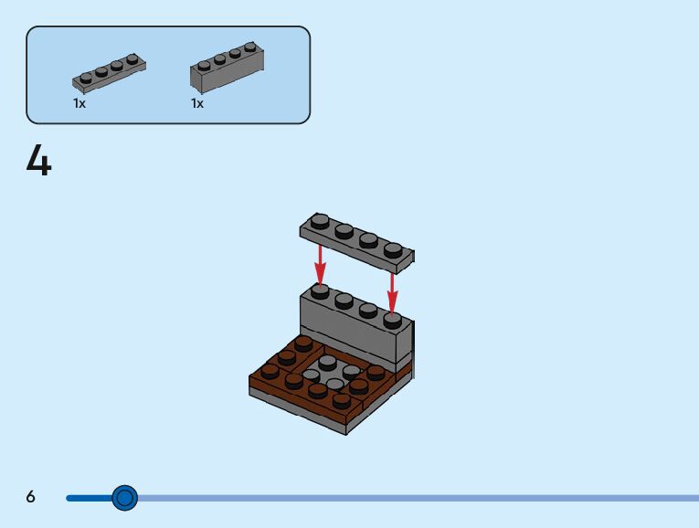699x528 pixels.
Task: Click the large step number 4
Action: pos(39,162)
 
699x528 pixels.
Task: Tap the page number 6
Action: pos(31,497)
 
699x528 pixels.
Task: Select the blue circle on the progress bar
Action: pos(124,498)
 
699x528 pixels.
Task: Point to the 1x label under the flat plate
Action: pos(79,104)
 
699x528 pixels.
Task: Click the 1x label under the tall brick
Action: pos(197,104)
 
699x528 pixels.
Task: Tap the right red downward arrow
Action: pos(392,290)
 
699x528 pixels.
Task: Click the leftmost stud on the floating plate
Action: pos(319,221)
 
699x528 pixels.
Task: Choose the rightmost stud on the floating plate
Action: pos(393,249)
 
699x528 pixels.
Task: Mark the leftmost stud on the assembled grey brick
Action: pos(320,290)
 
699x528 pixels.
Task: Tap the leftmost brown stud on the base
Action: pos(270,371)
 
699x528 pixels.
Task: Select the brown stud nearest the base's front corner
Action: pos(342,400)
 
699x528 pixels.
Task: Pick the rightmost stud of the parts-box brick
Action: pos(250,47)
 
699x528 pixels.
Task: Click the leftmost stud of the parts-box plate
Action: pos(86,78)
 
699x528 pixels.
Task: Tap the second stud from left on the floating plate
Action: pos(344,230)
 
